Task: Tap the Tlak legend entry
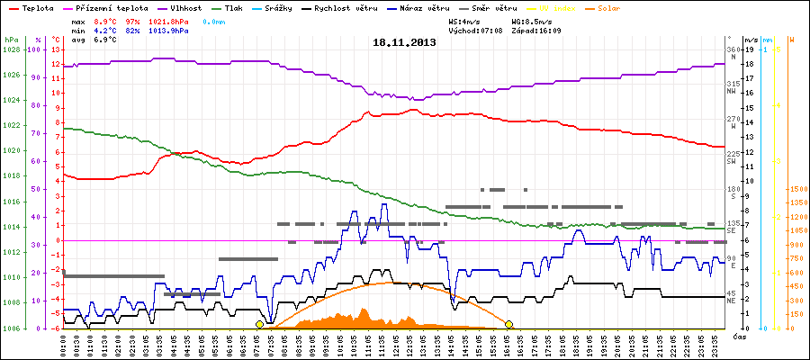[236, 7]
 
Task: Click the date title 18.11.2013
[404, 42]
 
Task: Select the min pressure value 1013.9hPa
[169, 31]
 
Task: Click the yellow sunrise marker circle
[259, 324]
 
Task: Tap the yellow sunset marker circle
[508, 324]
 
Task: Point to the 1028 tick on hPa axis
[11, 49]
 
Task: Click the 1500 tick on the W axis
[797, 189]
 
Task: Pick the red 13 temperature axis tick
[56, 49]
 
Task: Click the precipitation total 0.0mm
[214, 20]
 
